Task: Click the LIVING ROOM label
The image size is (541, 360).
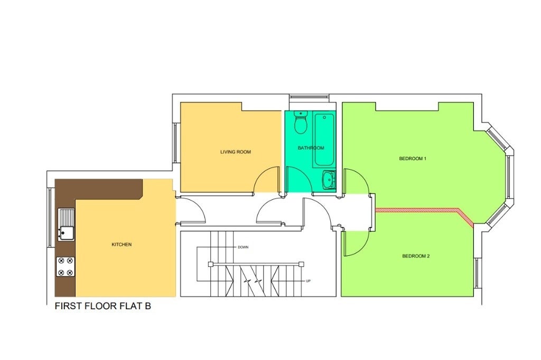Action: tap(236, 152)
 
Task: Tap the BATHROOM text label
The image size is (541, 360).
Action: tap(311, 148)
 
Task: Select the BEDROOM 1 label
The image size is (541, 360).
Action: tap(413, 159)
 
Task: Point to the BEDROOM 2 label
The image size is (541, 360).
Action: tap(416, 256)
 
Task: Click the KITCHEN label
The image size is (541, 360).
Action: tap(122, 244)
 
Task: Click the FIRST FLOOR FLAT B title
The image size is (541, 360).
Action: tap(103, 306)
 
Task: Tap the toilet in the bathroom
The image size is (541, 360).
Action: tap(301, 123)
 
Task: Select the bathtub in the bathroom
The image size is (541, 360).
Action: tap(324, 140)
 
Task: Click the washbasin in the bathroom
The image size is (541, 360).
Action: tap(329, 180)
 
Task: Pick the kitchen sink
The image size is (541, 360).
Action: tap(66, 225)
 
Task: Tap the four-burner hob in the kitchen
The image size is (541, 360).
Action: tap(66, 266)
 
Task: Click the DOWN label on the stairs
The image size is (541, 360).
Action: tap(243, 247)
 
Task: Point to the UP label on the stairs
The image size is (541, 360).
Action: tap(308, 281)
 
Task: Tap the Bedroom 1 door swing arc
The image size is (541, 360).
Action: tap(361, 176)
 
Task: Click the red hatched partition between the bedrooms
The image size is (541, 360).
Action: tap(424, 210)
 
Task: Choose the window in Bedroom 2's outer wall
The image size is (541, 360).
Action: tap(477, 273)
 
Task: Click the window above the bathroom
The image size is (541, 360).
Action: tap(309, 97)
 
